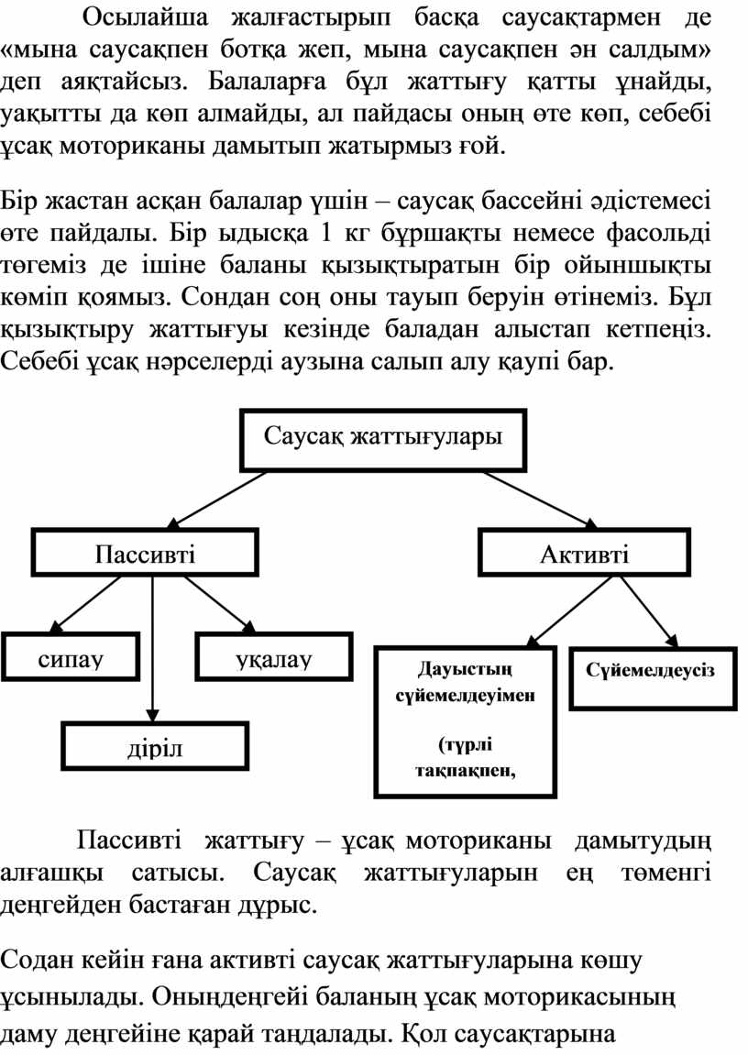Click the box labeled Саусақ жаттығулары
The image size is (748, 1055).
pos(383,439)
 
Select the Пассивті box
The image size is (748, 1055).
pos(146,553)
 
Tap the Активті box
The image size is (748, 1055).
pos(585,553)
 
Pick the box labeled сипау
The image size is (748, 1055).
pos(71,656)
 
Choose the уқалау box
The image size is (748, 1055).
pos(274,656)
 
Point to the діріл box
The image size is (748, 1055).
pos(155,746)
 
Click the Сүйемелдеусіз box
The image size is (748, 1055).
pos(654,678)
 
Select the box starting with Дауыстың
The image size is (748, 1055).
pos(466,722)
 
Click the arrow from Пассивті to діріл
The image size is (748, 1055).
pos(153,649)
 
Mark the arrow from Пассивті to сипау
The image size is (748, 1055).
pos(87,604)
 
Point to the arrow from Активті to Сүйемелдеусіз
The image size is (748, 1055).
pos(648,611)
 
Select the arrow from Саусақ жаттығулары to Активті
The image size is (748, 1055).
pos(540,500)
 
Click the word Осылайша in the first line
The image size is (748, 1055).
pos(146,18)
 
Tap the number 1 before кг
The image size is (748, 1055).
pos(327,234)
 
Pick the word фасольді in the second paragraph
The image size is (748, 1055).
pos(658,234)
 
